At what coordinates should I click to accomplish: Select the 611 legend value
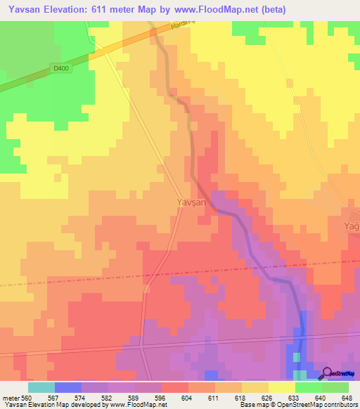pyautogui.click(x=229, y=397)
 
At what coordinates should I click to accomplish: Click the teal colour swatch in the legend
pyautogui.click(x=41, y=387)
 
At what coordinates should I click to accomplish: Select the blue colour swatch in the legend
pyautogui.click(x=67, y=387)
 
